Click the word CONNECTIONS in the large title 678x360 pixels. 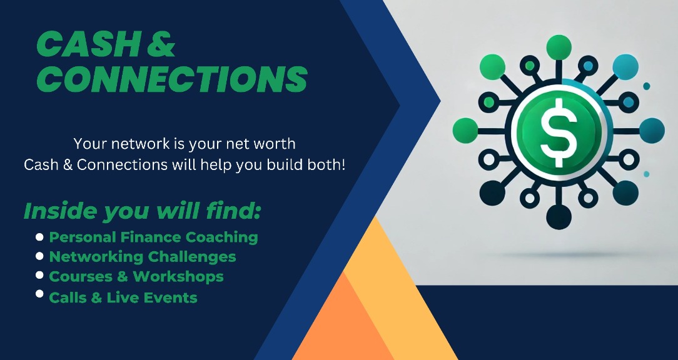click(x=172, y=79)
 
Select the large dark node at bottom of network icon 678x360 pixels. click(x=558, y=216)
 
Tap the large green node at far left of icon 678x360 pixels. click(x=465, y=131)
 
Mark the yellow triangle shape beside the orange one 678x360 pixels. click(x=400, y=287)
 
